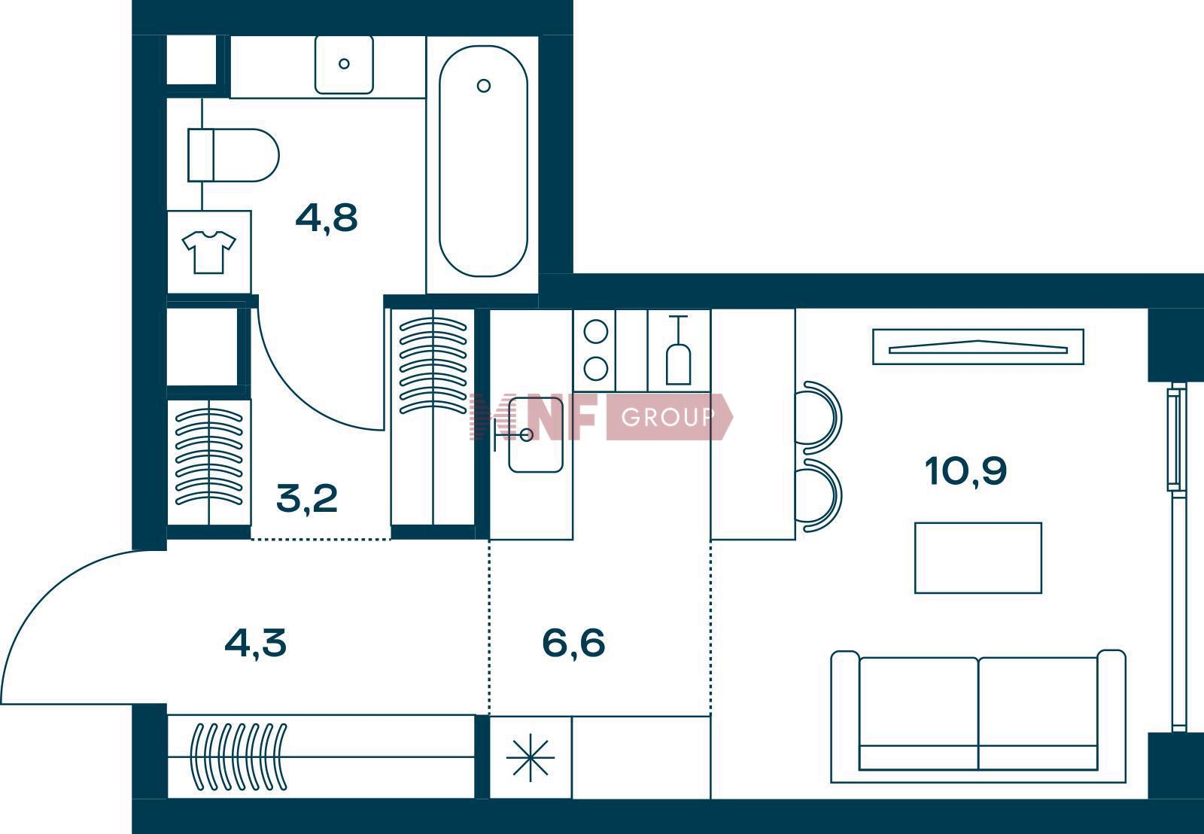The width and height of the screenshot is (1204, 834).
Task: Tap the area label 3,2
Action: point(307,498)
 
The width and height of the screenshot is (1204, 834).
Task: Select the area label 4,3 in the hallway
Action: point(256,643)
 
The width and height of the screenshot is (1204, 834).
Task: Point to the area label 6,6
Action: point(573,643)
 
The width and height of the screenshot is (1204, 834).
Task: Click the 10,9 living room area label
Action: point(966,472)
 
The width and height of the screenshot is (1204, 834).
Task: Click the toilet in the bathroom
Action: point(233,155)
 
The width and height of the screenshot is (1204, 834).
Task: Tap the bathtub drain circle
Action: point(484,86)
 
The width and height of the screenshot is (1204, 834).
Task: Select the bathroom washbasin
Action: point(344,65)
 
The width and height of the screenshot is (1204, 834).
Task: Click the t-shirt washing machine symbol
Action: point(208,252)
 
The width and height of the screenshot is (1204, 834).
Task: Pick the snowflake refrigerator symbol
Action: point(530,758)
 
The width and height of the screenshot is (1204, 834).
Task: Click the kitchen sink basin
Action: point(535,435)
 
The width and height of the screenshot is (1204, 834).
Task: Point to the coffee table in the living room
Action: point(978,559)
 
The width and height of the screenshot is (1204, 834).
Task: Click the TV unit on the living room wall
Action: point(978,347)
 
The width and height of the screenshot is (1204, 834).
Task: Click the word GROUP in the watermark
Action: point(668,417)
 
